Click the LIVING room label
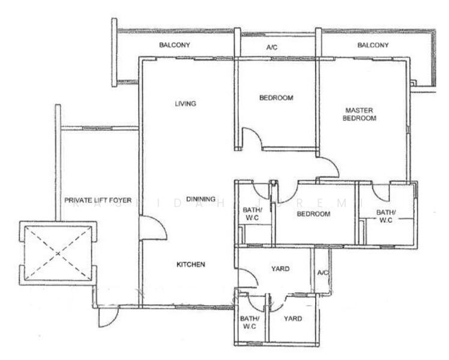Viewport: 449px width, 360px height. click(185, 103)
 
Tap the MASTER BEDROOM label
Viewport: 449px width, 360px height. click(359, 114)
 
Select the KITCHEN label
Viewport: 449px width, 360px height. click(191, 265)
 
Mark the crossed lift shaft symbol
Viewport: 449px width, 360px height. click(58, 253)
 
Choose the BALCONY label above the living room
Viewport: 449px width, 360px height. click(175, 45)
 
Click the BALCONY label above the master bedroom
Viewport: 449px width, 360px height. click(373, 45)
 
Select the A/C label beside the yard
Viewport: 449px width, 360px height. click(323, 273)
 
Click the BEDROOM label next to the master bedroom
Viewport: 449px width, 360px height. click(276, 98)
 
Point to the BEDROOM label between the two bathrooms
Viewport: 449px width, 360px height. click(313, 214)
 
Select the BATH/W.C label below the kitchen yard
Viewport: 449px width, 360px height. click(249, 323)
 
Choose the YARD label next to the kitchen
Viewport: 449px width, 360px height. click(281, 269)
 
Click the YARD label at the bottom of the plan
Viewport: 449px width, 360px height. click(292, 319)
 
